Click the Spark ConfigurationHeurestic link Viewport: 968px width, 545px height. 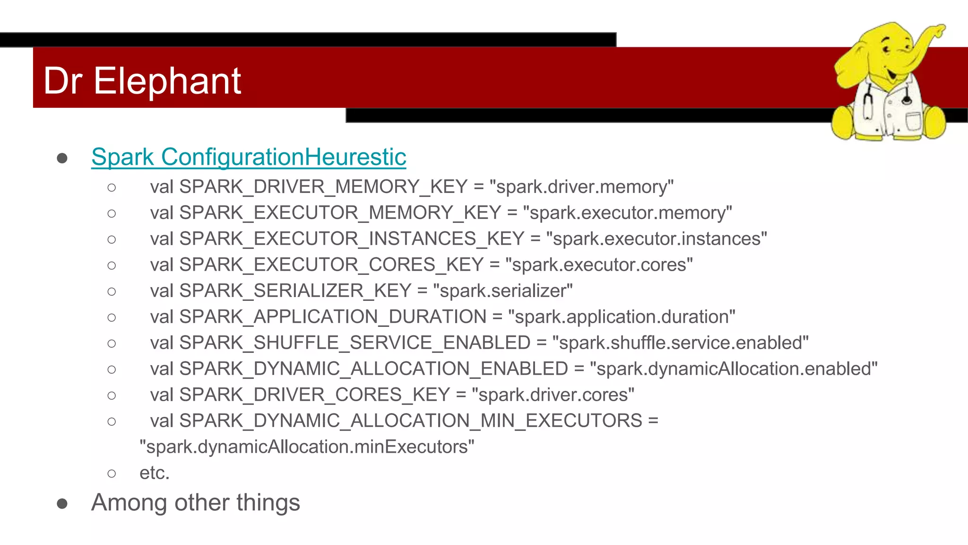[x=249, y=157]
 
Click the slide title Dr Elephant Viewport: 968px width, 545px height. [x=142, y=80]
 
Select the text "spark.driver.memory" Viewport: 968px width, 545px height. [x=581, y=187]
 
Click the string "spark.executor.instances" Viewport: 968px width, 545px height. [x=656, y=239]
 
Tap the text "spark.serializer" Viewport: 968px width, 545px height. [x=502, y=291]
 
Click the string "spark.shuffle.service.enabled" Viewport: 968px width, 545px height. [x=680, y=343]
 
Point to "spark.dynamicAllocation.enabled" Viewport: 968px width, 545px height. [x=734, y=369]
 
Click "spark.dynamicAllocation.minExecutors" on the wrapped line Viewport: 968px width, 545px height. [x=307, y=447]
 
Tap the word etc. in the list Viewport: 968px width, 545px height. [x=155, y=473]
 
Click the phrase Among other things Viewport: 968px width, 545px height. [x=196, y=502]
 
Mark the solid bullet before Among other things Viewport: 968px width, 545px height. [x=62, y=504]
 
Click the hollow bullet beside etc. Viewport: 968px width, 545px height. [x=112, y=474]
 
